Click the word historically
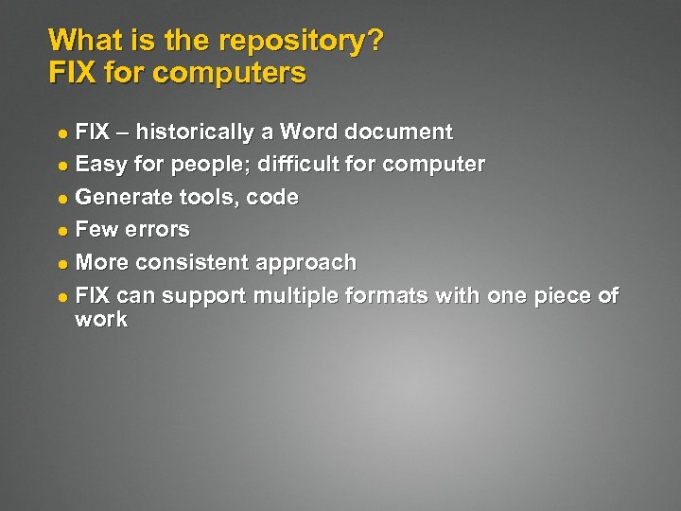tap(201, 132)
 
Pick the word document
tap(402, 132)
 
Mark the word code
tap(272, 198)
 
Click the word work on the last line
tap(100, 320)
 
